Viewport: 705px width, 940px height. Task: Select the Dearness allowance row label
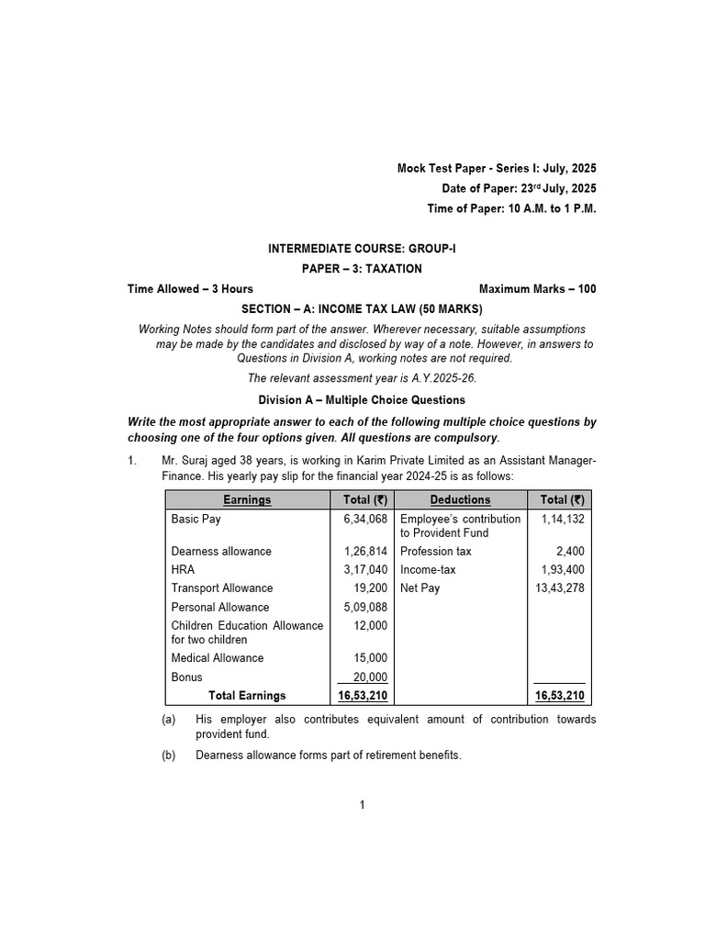click(221, 552)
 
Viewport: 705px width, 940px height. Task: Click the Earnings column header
click(247, 500)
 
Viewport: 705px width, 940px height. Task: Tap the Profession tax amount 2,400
click(570, 552)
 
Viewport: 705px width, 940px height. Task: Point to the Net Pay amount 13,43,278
click(559, 588)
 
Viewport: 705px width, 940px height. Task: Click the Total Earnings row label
click(247, 696)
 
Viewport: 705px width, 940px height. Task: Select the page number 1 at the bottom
click(363, 805)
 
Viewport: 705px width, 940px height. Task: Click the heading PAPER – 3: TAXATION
click(362, 269)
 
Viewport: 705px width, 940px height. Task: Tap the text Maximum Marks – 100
click(537, 289)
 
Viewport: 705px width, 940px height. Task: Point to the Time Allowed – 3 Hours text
click(190, 289)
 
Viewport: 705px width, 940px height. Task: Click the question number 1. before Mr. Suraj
click(132, 461)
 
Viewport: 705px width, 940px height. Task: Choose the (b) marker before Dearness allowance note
click(168, 755)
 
